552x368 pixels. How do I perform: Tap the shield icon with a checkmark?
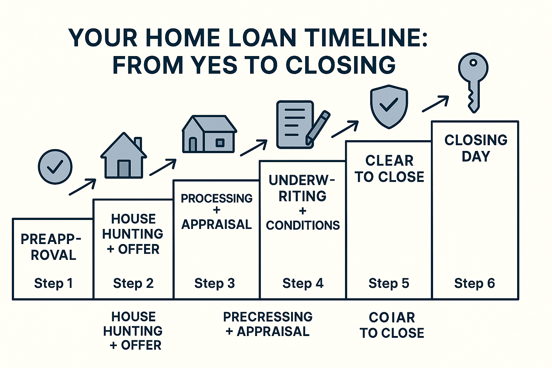point(389,106)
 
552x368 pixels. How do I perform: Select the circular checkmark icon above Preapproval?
point(55,167)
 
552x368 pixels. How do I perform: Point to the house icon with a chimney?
point(124,155)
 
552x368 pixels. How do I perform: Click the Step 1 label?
point(54,283)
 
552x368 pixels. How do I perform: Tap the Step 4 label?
point(303,283)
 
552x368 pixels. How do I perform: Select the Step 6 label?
point(475,283)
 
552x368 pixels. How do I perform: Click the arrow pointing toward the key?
point(436,104)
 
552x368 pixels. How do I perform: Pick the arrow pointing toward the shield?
point(345,129)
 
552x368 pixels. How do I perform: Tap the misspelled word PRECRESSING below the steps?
point(268,317)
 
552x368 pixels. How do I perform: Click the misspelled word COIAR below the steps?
point(392,317)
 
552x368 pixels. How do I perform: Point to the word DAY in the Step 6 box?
point(476,156)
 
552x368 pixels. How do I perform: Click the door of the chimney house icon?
point(124,169)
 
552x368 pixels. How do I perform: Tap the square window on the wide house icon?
point(220,143)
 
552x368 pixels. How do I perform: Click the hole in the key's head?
point(473,63)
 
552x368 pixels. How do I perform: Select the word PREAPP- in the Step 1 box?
point(51,239)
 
